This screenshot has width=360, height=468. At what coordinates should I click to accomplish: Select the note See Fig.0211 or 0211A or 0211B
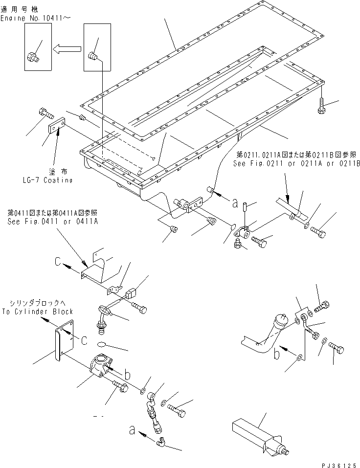pos(296,164)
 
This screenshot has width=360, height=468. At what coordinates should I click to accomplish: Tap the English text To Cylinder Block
pos(38,311)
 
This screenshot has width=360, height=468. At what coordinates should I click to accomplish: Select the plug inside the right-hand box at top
pos(94,58)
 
